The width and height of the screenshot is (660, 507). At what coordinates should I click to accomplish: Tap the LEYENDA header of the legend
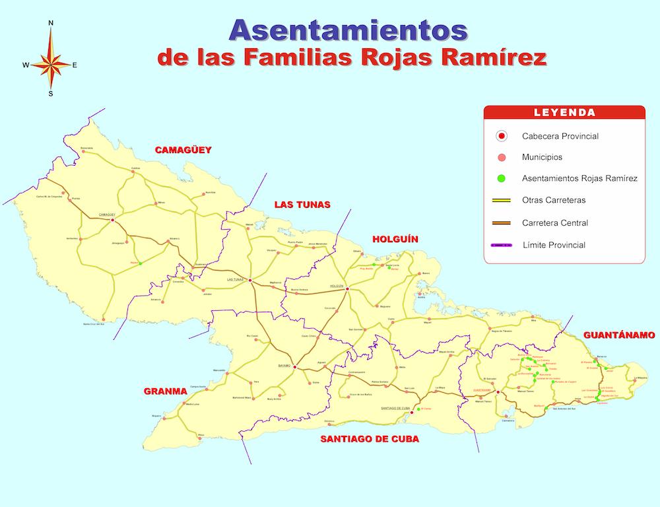point(564,113)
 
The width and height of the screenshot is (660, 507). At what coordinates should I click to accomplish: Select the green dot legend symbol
point(502,178)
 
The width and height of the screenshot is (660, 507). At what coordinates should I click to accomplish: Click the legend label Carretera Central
point(554,222)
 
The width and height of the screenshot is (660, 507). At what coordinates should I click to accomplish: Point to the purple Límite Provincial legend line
point(502,245)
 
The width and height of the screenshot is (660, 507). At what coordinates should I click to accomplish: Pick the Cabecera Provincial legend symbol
point(502,136)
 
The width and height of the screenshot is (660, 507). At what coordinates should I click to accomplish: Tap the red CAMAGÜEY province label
point(183,150)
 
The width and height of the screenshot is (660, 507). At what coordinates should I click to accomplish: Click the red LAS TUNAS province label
point(302,205)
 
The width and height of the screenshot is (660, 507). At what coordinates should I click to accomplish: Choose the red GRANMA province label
point(166,391)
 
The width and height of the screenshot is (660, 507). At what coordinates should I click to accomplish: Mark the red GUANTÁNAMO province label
point(619,335)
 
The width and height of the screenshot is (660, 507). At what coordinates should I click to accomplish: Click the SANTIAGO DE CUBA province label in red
point(369,438)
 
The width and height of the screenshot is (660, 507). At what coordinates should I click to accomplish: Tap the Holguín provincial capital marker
point(347,288)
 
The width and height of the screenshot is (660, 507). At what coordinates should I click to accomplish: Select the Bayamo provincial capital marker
point(294,367)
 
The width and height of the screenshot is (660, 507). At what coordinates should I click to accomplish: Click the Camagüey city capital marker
point(112,220)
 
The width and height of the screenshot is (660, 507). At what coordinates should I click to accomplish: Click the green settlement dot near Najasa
point(140,264)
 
